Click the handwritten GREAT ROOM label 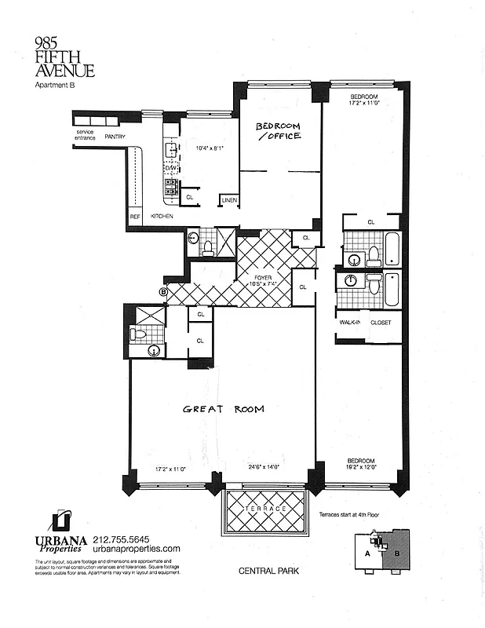click(x=223, y=409)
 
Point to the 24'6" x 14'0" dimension click(x=264, y=467)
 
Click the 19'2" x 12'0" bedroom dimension click(x=362, y=467)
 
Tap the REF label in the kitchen click(x=134, y=215)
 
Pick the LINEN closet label click(x=228, y=201)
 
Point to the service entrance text click(x=85, y=134)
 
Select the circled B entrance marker click(x=163, y=292)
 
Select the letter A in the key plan click(x=367, y=553)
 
